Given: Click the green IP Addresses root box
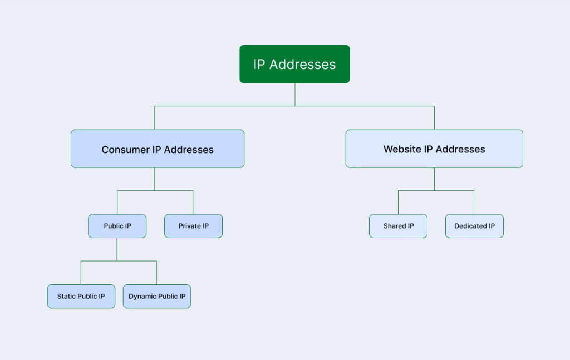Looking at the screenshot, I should pos(294,64).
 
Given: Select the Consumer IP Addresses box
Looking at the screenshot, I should pos(157,149).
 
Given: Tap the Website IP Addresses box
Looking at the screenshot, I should pos(434,149).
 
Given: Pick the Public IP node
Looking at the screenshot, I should pos(117,226).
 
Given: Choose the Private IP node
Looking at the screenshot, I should pos(193,226).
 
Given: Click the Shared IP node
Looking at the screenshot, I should pos(398,226).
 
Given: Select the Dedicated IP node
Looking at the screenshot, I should pos(474,226).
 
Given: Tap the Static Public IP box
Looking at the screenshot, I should pos(81,296).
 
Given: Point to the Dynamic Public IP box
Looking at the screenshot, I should pos(157,296).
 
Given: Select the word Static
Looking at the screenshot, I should pos(66,297).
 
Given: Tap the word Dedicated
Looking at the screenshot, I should pos(470,226).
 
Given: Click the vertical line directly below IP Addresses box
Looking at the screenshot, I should pos(294,95).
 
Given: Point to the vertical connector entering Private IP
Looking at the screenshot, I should pos(193,203).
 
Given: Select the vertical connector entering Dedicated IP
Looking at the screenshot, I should pos(474,203).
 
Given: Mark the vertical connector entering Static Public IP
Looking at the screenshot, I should pos(81,273).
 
